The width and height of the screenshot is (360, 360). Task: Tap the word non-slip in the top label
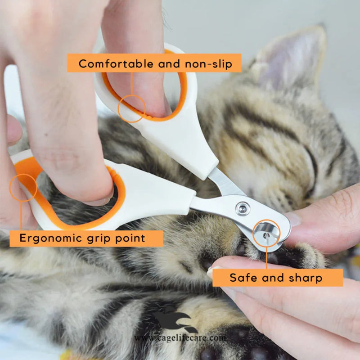[208, 64]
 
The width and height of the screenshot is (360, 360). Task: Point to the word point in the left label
[130, 238]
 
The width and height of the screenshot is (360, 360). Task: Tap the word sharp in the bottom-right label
[306, 278]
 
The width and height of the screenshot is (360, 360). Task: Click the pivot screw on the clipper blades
[243, 208]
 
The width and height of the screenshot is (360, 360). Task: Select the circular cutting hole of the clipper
[266, 234]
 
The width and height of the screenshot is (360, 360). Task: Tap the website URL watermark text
[180, 338]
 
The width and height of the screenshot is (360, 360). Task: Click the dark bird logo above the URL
[175, 319]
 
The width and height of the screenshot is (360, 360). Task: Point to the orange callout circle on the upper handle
[132, 108]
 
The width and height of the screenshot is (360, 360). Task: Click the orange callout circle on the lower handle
[23, 188]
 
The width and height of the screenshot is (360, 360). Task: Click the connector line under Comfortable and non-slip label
[132, 84]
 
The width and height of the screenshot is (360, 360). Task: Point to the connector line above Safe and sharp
[266, 258]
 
